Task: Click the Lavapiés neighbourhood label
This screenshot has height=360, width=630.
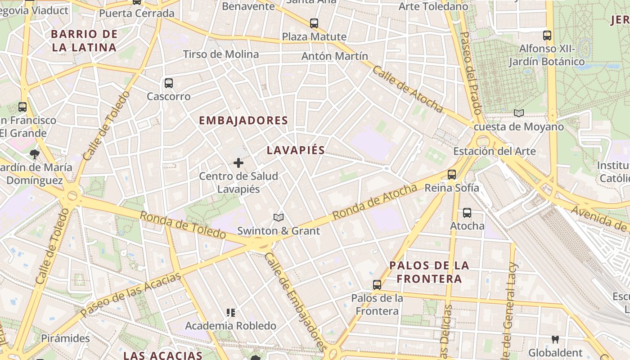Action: (296, 150)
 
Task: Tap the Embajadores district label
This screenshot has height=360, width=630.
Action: (243, 121)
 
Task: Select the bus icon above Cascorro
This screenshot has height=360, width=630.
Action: (169, 83)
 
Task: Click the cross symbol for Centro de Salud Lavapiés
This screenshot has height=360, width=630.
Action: (238, 163)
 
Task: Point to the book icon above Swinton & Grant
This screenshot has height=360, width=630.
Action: (279, 218)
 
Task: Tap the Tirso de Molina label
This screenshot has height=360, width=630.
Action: (220, 54)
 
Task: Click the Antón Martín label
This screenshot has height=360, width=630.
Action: (334, 56)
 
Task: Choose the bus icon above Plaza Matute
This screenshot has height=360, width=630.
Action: (314, 23)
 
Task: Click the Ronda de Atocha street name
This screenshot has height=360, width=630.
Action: (375, 202)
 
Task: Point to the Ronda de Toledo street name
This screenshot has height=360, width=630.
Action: (183, 225)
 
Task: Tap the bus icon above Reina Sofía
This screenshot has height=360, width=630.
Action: (452, 174)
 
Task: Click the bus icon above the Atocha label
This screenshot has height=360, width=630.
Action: (467, 212)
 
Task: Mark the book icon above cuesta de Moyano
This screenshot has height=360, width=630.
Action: (519, 113)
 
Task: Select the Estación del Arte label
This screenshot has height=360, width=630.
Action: (495, 151)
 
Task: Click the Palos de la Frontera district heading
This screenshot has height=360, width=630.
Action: (429, 272)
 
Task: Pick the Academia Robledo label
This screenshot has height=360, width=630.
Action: (230, 325)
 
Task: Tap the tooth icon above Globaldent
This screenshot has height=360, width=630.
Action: (555, 339)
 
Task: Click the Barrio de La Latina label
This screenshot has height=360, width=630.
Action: (84, 40)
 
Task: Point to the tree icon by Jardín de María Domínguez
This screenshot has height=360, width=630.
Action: (34, 154)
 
